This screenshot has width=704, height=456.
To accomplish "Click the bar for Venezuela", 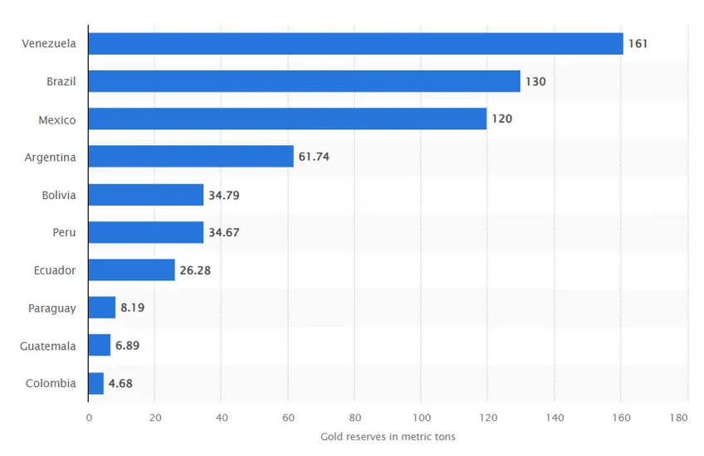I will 355,44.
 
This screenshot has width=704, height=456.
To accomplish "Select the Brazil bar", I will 304,81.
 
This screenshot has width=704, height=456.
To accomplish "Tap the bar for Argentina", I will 191,157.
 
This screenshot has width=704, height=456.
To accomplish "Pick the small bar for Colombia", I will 95,383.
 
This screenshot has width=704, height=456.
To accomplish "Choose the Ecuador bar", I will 131,269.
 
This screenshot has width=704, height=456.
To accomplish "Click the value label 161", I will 638,44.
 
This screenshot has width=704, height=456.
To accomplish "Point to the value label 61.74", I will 315,157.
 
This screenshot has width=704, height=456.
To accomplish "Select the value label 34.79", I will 224,195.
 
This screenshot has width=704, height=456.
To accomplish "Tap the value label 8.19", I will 133,308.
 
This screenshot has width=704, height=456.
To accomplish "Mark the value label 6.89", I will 128,345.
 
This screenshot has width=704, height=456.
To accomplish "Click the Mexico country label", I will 56,119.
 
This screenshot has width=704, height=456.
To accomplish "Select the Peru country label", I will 63,232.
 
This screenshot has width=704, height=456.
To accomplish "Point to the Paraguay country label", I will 51,308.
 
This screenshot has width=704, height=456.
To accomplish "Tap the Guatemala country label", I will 47,345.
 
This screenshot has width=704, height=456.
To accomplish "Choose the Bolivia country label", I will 58,195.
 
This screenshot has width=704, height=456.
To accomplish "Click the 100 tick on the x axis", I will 421,418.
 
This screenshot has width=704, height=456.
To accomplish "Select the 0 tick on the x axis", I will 89,418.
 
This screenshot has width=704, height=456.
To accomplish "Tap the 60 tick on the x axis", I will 288,418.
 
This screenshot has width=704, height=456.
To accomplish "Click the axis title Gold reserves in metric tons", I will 388,437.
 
